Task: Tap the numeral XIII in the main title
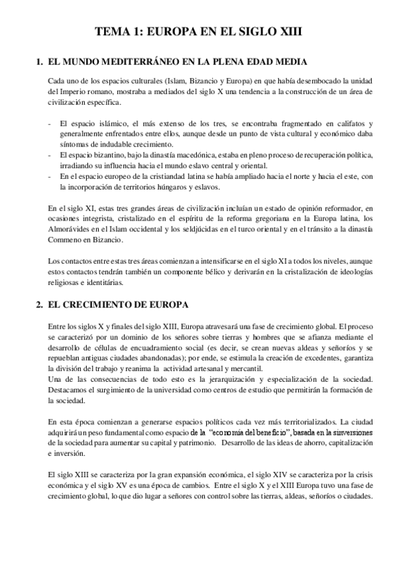[x=291, y=31]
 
